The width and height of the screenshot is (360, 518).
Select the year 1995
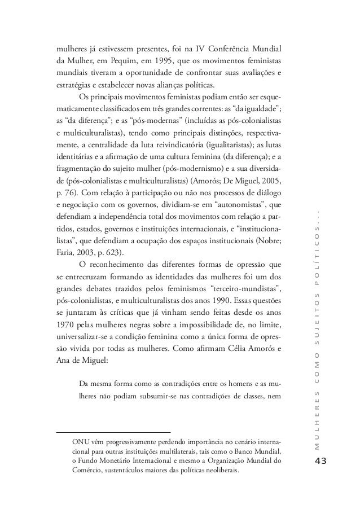pyautogui.click(x=175, y=60)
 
